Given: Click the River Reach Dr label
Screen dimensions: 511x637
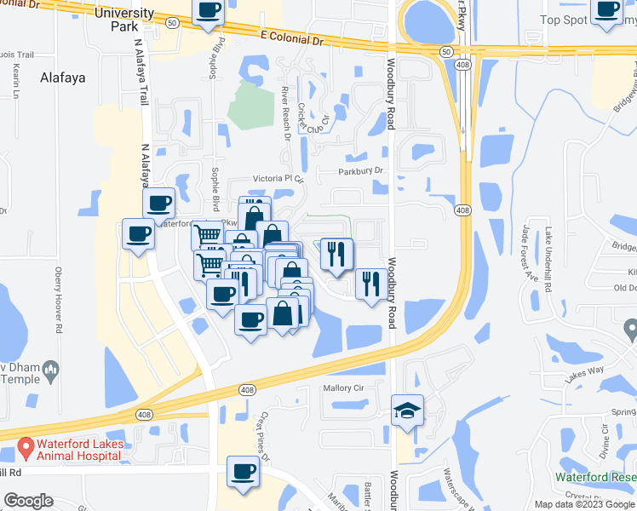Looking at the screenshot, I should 285,112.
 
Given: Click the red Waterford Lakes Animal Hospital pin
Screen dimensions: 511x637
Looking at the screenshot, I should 26,445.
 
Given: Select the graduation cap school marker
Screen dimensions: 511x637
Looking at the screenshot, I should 408,411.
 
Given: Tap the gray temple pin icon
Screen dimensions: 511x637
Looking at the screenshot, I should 50,369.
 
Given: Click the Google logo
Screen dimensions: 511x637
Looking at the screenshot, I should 28,501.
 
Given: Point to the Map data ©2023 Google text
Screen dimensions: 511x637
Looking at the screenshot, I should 584,504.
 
